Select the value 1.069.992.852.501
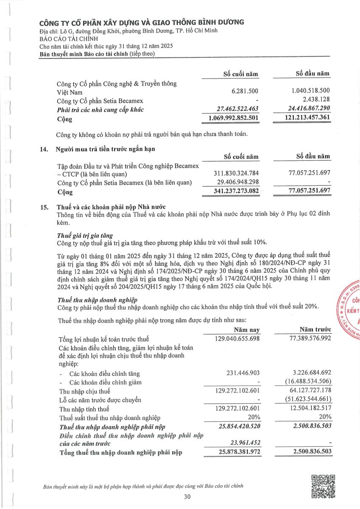[x=234, y=117]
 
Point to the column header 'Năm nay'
[x=247, y=330]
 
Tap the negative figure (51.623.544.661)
[x=302, y=400]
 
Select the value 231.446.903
[x=241, y=373]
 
